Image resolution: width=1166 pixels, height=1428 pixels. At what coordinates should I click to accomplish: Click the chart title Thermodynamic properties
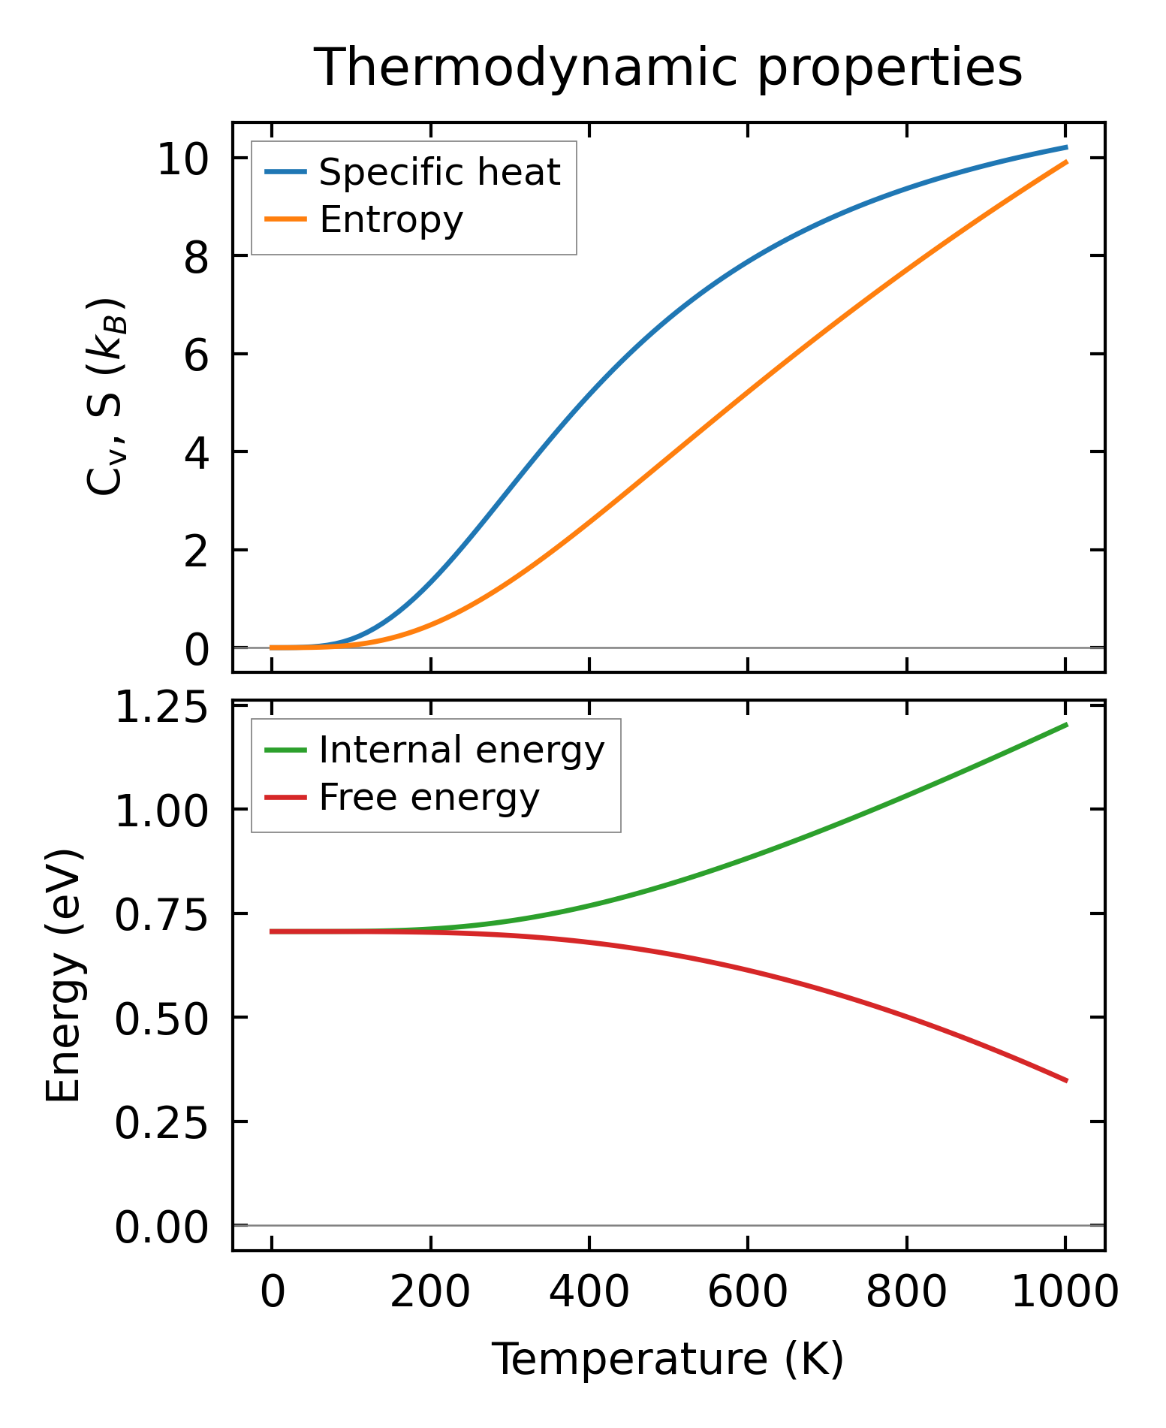click(x=667, y=68)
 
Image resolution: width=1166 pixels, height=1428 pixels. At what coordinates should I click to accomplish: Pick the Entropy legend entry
click(x=391, y=220)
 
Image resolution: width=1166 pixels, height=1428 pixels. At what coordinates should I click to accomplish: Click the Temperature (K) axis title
click(x=667, y=1359)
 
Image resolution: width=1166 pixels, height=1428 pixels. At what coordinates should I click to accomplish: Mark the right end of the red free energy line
click(x=1066, y=1081)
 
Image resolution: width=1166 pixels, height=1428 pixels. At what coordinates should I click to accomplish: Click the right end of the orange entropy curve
click(x=1066, y=162)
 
